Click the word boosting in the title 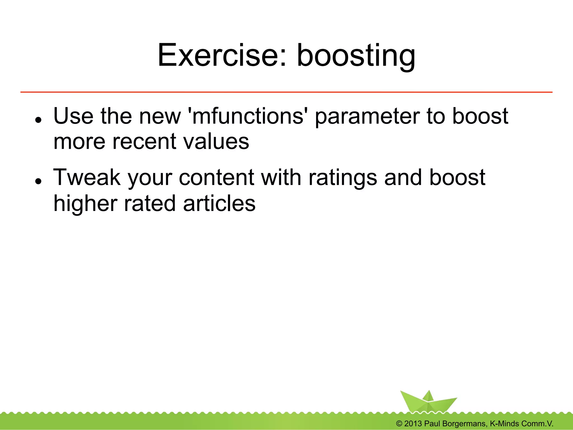click(356, 56)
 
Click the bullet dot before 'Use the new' click(39, 120)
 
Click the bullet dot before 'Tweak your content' click(39, 181)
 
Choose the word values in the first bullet click(216, 142)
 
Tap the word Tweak click(87, 177)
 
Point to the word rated click(149, 203)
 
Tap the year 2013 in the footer click(413, 424)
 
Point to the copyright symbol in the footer click(399, 424)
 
